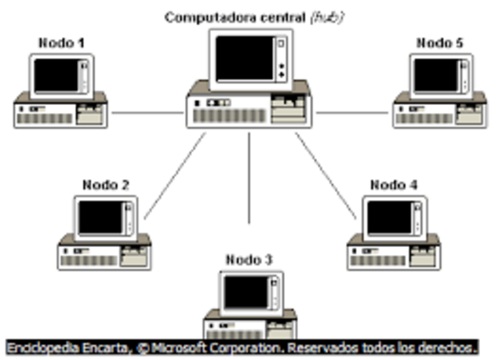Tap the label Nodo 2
tap(106, 185)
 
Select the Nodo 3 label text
tap(249, 259)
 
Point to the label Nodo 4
tap(394, 185)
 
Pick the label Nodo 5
tap(439, 42)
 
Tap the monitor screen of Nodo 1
tap(56, 75)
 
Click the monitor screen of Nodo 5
tap(435, 75)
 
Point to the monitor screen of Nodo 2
tap(100, 217)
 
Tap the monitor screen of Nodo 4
tap(390, 217)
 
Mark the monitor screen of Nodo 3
tap(245, 292)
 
